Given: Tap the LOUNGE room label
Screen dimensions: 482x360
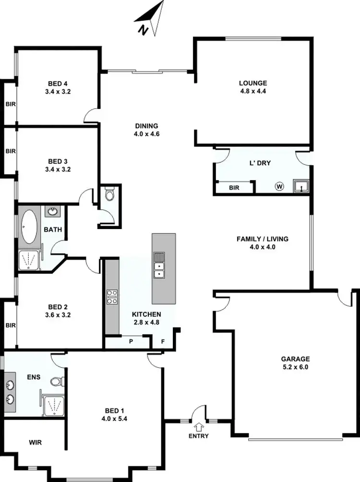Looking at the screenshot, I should (253, 83).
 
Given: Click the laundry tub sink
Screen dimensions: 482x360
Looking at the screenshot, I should (301, 186).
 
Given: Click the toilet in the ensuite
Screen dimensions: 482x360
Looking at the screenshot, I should (57, 382).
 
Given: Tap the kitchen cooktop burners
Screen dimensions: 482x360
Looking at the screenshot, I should (112, 297).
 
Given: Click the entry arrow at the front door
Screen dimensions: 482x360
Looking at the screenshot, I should (200, 425).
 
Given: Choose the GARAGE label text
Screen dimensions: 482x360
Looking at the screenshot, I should (296, 359).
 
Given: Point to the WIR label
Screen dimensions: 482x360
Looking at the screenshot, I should (35, 443).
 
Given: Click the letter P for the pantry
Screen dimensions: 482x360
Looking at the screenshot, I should (131, 342).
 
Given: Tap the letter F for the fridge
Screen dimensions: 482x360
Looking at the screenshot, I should (163, 342).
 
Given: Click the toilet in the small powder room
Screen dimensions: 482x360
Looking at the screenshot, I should (109, 195).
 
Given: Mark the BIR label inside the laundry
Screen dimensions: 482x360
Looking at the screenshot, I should (234, 187).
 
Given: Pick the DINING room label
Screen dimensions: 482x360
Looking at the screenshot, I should (147, 126).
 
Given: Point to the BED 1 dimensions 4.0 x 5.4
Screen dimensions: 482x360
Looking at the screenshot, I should (114, 419).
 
